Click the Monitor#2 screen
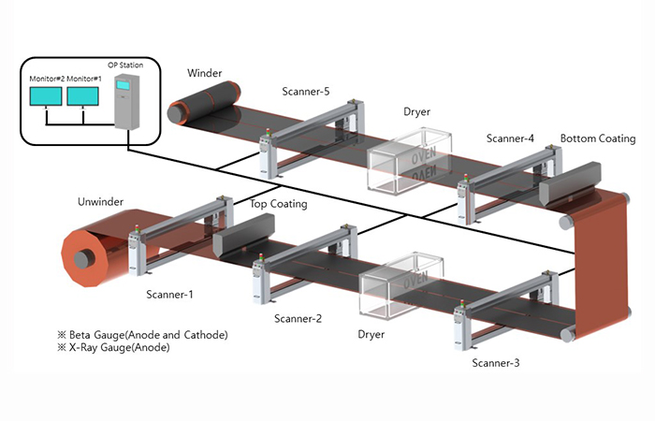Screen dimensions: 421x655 tap(46, 96)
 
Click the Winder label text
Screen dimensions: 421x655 tap(204, 73)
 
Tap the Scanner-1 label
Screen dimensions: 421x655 tap(169, 295)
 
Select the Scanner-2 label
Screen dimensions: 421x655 tap(298, 318)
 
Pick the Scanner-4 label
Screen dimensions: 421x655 tap(510, 138)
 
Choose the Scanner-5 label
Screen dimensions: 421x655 tap(306, 92)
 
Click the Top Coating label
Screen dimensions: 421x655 tap(279, 203)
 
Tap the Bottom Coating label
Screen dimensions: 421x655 tap(598, 138)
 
